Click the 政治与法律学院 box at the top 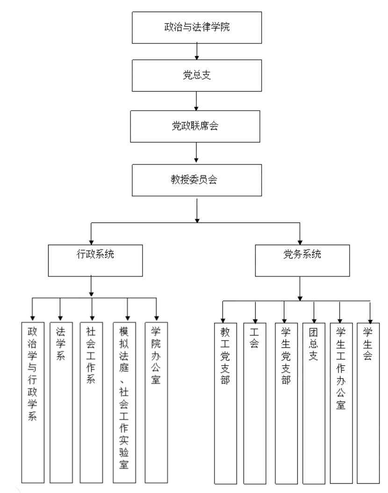pos(196,26)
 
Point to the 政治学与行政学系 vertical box pos(32,401)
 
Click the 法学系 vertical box pos(60,401)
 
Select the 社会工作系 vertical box pos(91,401)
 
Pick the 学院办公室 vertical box pos(156,401)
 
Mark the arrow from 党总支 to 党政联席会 pos(197,100)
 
